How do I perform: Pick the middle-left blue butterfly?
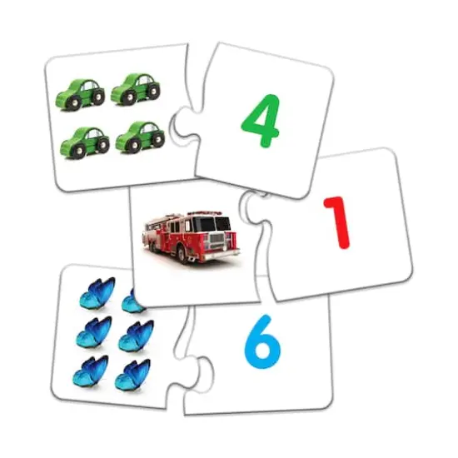click(x=92, y=332)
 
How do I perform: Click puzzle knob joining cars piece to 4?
click(x=182, y=127)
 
